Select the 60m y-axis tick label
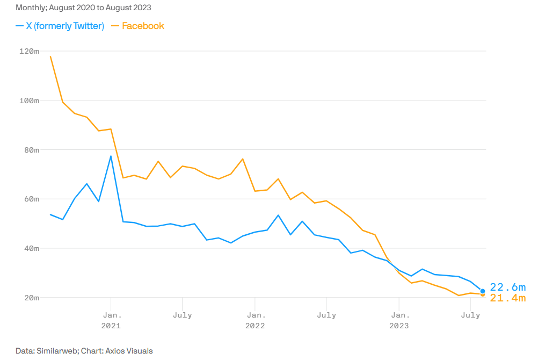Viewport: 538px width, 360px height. [x=31, y=199]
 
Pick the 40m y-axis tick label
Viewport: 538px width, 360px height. [x=31, y=248]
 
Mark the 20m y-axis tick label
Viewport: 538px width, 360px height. [x=31, y=298]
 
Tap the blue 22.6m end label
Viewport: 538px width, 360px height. [x=507, y=287]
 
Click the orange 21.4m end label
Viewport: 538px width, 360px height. [x=507, y=298]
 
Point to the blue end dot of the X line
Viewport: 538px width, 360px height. [x=483, y=291]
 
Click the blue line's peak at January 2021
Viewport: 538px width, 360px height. [x=111, y=156]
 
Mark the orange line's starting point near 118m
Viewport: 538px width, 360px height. [x=50, y=56]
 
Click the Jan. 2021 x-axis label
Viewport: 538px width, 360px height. [x=111, y=320]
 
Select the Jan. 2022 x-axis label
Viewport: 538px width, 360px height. [x=255, y=320]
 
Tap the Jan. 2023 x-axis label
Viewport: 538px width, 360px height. [x=398, y=320]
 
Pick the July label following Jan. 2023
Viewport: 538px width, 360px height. [x=470, y=315]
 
